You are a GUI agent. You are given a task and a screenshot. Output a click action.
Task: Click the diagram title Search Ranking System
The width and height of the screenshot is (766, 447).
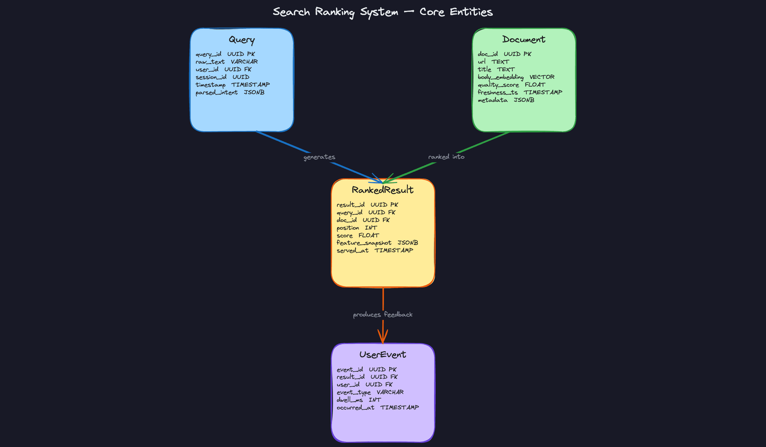tap(383, 12)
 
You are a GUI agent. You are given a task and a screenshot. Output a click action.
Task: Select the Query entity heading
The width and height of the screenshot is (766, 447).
tap(242, 40)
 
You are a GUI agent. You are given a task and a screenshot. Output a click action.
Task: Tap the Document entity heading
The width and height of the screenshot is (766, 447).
tap(523, 39)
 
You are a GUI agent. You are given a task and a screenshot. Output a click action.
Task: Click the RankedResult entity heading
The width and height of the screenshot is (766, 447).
tap(383, 190)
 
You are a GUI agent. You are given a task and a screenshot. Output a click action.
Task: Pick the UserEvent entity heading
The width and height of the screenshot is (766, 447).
tap(383, 354)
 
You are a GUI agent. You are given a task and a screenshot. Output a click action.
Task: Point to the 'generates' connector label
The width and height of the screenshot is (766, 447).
tap(319, 157)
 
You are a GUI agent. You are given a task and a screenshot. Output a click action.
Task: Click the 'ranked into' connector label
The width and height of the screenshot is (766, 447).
tap(446, 157)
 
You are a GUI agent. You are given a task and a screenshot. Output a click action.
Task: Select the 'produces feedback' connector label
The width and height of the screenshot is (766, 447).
tap(383, 314)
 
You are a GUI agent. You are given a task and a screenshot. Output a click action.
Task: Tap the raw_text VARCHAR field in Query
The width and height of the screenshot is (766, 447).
tap(227, 62)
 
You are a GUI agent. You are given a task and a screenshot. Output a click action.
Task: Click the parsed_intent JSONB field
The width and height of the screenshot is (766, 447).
tap(230, 93)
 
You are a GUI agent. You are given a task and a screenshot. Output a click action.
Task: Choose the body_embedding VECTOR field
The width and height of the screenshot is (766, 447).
tap(516, 77)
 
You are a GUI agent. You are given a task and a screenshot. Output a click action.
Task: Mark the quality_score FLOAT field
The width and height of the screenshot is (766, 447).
tap(511, 85)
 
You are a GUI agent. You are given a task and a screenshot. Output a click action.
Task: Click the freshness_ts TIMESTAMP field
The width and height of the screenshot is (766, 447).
tap(520, 92)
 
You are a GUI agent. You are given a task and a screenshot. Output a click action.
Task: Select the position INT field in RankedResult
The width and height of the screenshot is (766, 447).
tap(357, 227)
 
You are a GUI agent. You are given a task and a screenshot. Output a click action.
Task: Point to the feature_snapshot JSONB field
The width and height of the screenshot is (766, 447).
tap(377, 243)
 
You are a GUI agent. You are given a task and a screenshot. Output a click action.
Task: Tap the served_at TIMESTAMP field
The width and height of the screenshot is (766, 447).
tap(375, 250)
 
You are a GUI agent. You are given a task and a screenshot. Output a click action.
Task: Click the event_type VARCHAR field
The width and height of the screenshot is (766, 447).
tap(370, 392)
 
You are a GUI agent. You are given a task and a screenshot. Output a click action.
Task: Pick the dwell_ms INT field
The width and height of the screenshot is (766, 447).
tap(359, 400)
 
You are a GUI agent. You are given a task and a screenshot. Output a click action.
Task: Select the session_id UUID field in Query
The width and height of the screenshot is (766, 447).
tap(222, 77)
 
